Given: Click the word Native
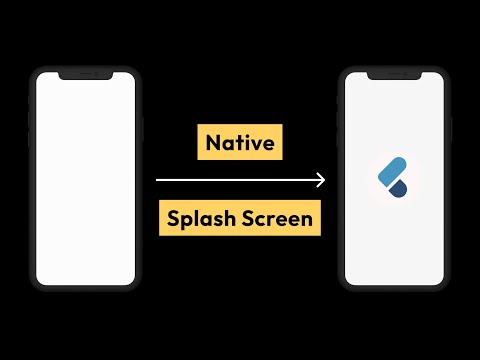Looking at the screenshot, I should [x=240, y=143].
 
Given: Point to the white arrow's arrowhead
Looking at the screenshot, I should [x=321, y=180].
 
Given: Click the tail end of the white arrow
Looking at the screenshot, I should [x=158, y=180].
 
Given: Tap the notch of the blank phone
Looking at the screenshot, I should [x=85, y=75].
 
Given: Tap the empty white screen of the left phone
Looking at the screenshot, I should [x=85, y=180].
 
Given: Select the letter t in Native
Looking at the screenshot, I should [x=237, y=143].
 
